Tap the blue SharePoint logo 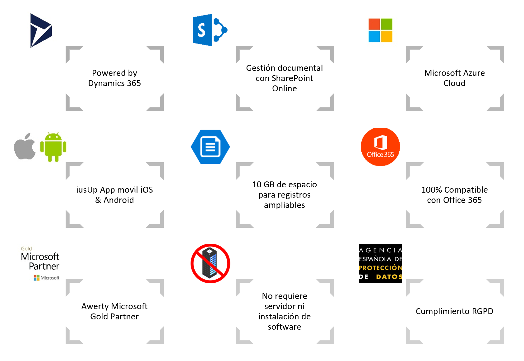point(210,30)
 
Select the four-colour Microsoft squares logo point(380,30)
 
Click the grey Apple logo point(25,146)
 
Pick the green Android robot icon point(53,147)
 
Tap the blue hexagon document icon point(210,147)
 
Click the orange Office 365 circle point(380,147)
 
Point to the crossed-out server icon point(210,263)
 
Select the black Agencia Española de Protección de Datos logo point(380,263)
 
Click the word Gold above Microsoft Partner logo point(26,248)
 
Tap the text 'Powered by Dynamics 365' point(114,78)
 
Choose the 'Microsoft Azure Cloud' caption point(455,78)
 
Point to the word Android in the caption point(118,200)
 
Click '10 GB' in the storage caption point(263,185)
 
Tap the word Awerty point(95,306)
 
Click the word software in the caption point(285,327)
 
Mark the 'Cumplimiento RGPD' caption point(455,311)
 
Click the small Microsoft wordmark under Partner point(50,277)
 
